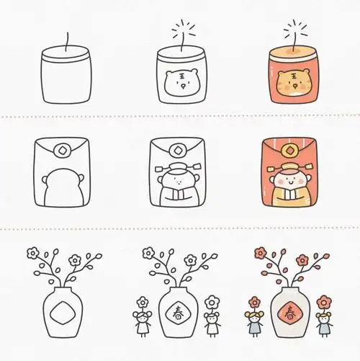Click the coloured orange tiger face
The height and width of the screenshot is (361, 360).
(x=293, y=83)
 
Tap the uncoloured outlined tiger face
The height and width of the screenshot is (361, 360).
(x=182, y=83)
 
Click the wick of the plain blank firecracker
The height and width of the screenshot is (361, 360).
(x=67, y=42)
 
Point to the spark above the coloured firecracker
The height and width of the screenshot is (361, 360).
(x=295, y=30)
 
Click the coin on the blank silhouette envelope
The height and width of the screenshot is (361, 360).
(x=62, y=151)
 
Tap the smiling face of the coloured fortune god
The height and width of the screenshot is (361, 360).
(x=291, y=182)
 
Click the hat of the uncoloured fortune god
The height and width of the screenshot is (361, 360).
(x=178, y=169)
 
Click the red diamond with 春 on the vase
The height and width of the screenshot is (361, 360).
(x=290, y=313)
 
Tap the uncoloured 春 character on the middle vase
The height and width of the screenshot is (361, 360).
(x=178, y=313)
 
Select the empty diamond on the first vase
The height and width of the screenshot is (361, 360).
(x=63, y=313)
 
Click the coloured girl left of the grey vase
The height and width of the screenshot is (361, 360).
(x=254, y=316)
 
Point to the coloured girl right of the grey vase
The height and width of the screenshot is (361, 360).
(x=324, y=316)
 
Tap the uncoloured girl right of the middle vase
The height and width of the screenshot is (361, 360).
(x=212, y=316)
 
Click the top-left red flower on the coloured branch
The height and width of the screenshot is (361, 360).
(x=260, y=253)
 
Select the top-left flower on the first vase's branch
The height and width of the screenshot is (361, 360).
(x=33, y=253)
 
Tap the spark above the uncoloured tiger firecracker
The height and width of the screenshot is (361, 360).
(x=183, y=30)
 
